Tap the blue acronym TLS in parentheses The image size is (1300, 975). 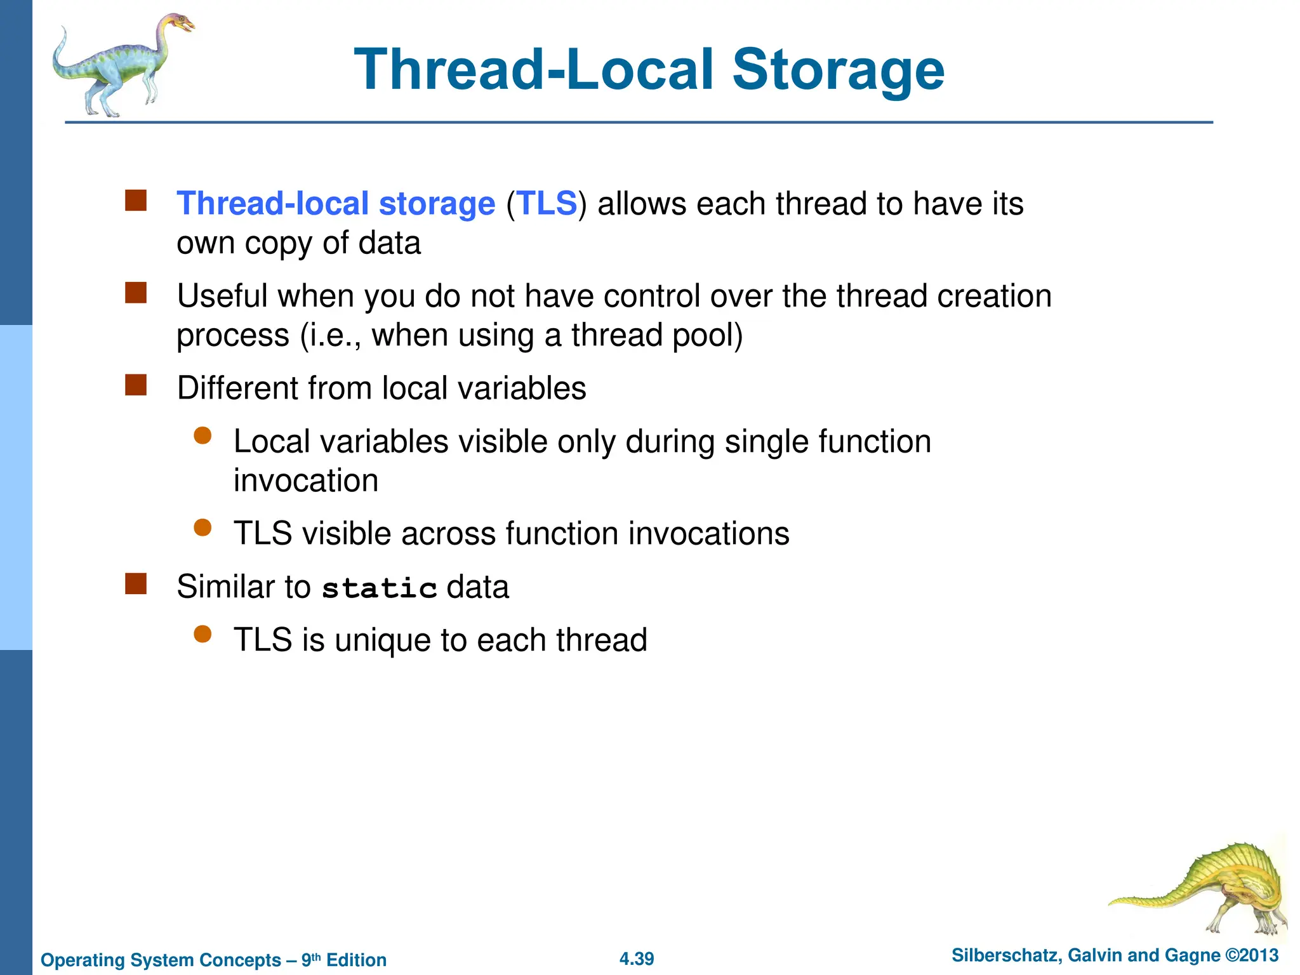tap(547, 204)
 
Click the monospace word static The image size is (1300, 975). tap(379, 587)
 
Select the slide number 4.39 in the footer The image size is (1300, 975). tap(637, 958)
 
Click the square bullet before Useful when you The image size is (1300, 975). tap(136, 293)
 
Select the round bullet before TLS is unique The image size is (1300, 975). tap(202, 634)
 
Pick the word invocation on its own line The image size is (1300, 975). tap(306, 481)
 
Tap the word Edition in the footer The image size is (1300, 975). tap(356, 960)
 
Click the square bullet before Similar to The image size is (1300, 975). tap(136, 584)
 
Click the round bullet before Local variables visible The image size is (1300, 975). tap(202, 435)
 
